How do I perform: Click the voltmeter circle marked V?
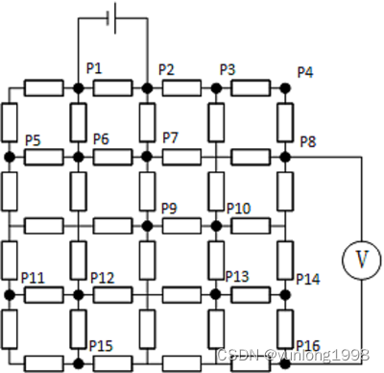coord(361,258)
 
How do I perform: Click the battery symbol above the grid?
coord(112,18)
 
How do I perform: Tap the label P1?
coord(94,69)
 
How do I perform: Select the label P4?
coord(305,72)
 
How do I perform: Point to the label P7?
coord(171,137)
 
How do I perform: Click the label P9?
coord(170,209)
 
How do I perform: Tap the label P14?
coord(307,279)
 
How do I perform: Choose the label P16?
coord(307,345)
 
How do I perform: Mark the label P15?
coord(101,345)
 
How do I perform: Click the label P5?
coord(33,139)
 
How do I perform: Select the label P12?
coord(103,278)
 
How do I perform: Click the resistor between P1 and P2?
coord(112,88)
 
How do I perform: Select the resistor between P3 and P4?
coord(251,88)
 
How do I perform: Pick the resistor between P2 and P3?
coord(181,88)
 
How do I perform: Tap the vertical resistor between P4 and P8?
coord(285,122)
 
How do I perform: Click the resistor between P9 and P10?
coord(181,225)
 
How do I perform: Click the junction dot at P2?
coord(147,88)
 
